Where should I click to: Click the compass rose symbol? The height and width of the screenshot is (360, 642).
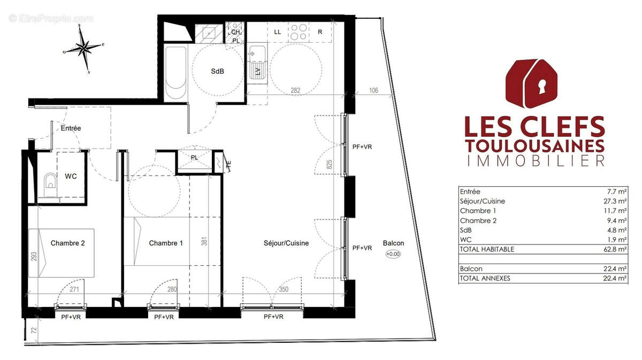point(84,49)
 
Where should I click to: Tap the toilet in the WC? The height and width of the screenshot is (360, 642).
point(49,182)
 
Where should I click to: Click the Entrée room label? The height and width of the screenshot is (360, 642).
point(71,128)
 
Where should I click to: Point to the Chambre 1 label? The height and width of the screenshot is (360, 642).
point(166,243)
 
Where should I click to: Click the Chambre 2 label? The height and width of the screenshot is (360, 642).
point(68,243)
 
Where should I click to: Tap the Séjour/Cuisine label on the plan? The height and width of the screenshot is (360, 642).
point(286,243)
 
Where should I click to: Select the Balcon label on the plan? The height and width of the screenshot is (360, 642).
point(393,243)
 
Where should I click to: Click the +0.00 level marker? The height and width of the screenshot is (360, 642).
point(393,254)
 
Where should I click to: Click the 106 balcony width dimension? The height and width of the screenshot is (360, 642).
point(373,90)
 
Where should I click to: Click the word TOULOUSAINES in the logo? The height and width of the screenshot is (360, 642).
point(534,145)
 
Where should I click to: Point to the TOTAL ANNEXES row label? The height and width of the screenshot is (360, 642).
point(484,278)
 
